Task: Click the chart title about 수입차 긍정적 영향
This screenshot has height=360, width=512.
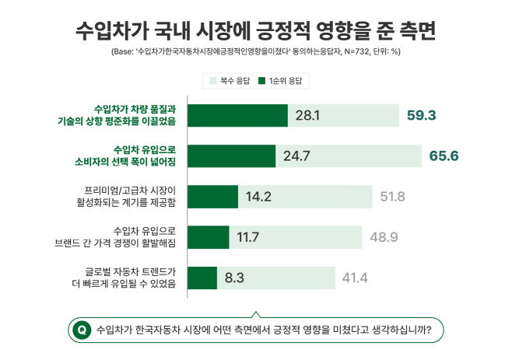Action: tap(256, 30)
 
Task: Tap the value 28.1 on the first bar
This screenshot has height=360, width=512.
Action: tap(307, 116)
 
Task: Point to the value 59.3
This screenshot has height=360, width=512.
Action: tap(421, 116)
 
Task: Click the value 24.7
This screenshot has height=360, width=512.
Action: tap(296, 156)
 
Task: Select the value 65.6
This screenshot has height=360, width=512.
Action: tap(444, 156)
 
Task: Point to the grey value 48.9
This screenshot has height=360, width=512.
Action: tap(384, 237)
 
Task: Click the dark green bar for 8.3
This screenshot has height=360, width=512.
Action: tap(202, 277)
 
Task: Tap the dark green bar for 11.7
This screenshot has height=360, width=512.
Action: tap(209, 237)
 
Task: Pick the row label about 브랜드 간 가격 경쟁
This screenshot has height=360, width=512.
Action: tap(127, 237)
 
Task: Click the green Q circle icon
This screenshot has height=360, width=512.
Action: tap(80, 330)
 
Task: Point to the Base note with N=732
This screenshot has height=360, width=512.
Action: tap(256, 52)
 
